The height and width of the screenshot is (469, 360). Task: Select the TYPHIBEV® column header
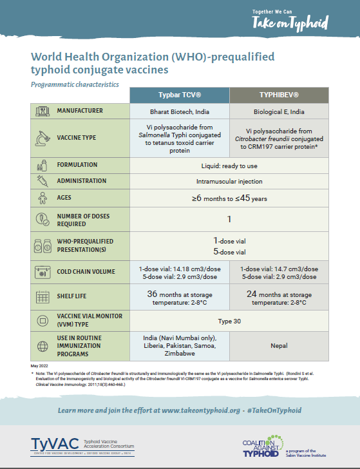[279, 94]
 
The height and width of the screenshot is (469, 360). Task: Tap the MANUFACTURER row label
[80, 111]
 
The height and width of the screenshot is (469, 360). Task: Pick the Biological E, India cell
[279, 111]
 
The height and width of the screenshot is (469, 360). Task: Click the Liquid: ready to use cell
[229, 165]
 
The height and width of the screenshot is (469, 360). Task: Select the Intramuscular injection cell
[229, 181]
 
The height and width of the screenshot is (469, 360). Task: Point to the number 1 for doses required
[229, 219]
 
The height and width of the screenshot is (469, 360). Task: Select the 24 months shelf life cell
[279, 296]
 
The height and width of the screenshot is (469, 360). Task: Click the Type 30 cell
[229, 320]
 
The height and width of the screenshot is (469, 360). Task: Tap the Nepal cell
[279, 345]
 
